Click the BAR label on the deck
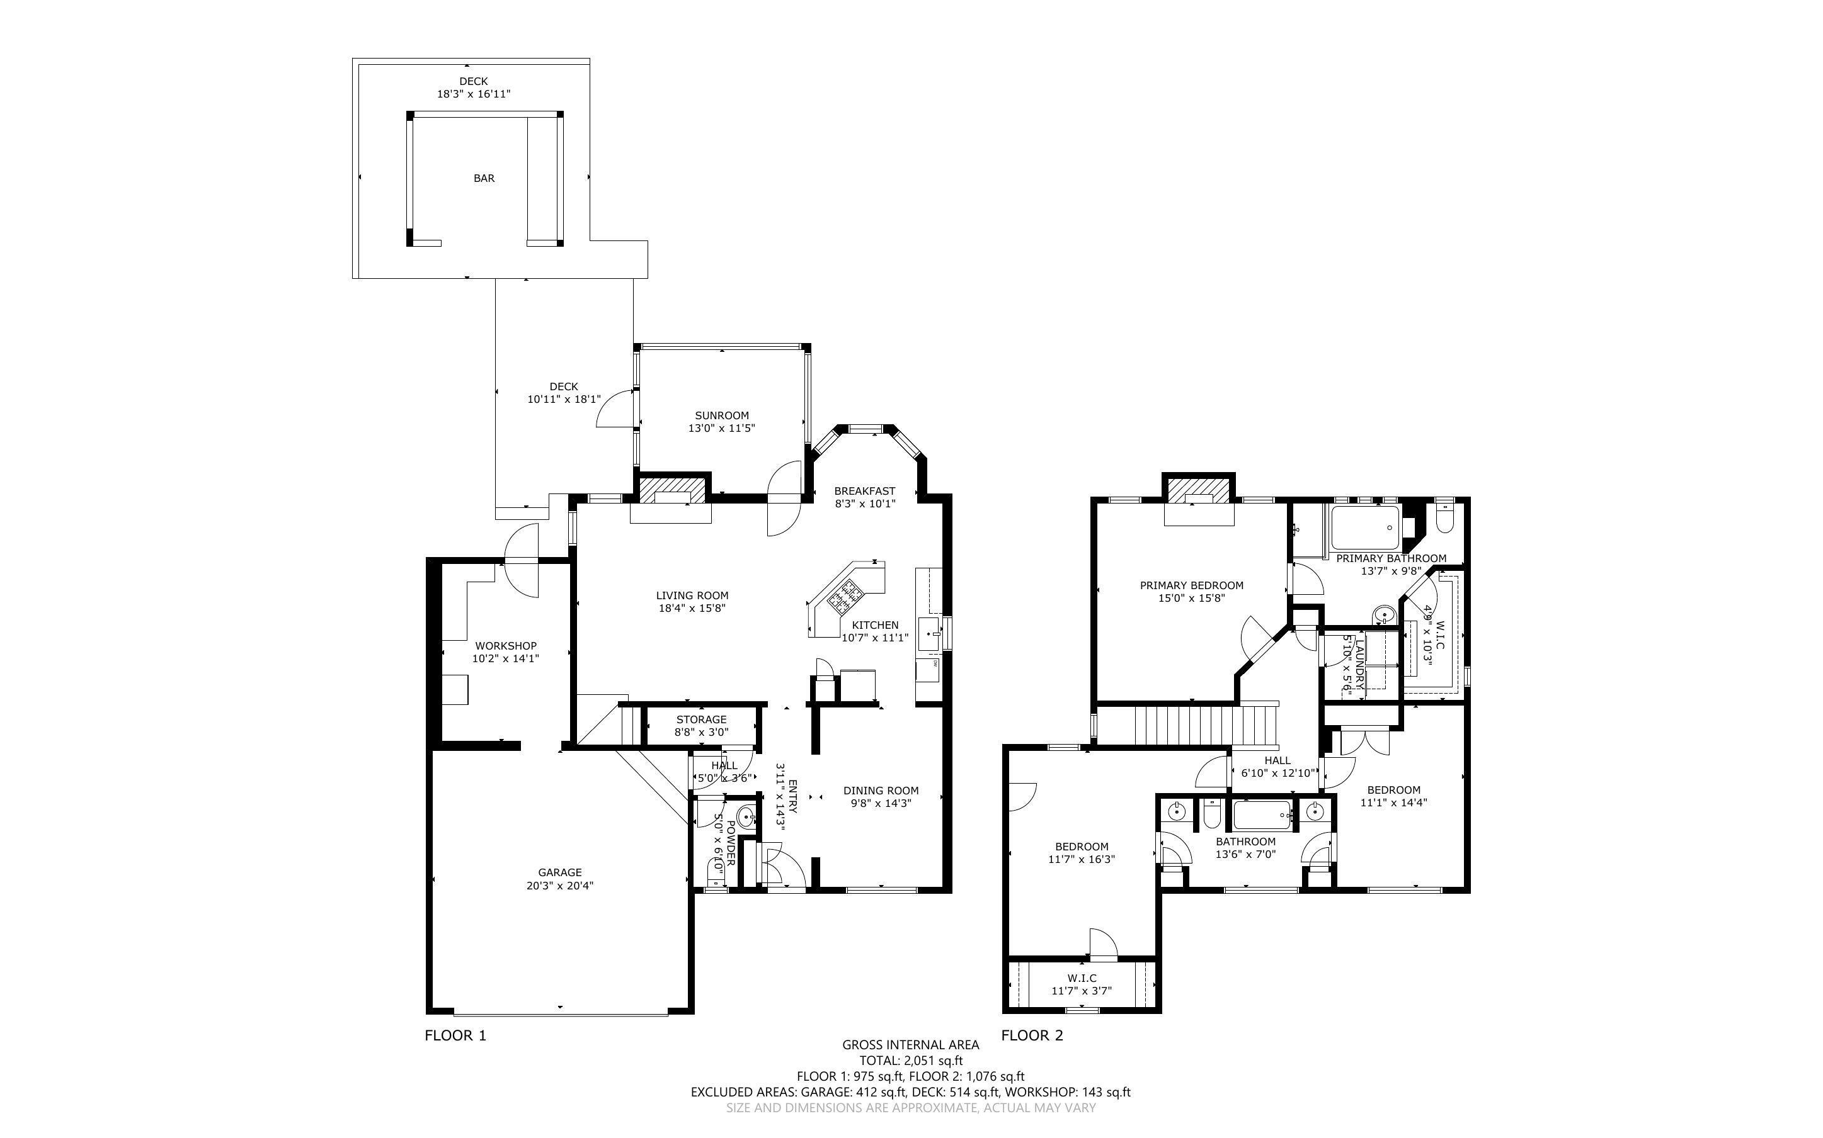tap(483, 178)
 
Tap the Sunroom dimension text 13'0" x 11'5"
tap(721, 428)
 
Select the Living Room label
tap(691, 595)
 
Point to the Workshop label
tap(505, 646)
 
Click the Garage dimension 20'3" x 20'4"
tap(559, 886)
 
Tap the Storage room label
tap(700, 719)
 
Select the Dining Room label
tap(880, 791)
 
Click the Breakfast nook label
tap(864, 491)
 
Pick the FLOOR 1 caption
tap(455, 1035)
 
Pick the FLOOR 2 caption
tap(1032, 1035)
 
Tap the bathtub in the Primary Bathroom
tap(1364, 528)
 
